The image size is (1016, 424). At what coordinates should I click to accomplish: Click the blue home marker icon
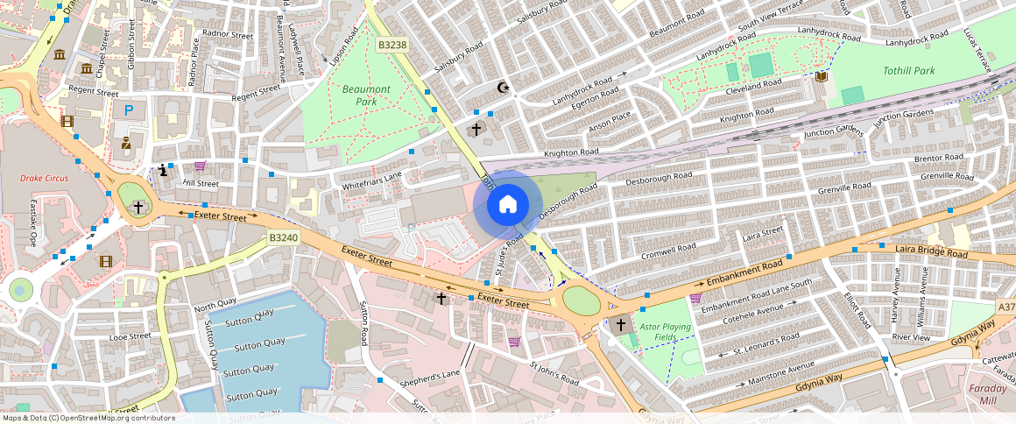(507, 205)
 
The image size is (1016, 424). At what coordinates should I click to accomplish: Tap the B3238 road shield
(393, 45)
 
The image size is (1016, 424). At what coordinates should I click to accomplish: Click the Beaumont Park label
(366, 95)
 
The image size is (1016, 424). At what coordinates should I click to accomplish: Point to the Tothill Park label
(908, 71)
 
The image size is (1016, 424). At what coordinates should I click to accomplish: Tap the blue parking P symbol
(129, 110)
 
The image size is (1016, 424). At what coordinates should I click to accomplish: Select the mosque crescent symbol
(503, 88)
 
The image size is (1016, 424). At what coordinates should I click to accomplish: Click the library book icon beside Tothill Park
(821, 77)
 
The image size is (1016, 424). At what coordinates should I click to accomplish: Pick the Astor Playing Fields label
(665, 332)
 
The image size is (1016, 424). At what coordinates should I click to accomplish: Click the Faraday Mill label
(988, 394)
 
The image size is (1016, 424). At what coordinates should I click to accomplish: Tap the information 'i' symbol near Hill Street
(163, 170)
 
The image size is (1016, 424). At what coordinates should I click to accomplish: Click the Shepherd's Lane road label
(429, 378)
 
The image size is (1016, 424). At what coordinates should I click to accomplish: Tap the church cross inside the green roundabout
(138, 208)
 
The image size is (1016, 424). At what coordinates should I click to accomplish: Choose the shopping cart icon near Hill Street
(200, 166)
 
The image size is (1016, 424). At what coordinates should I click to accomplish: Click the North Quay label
(215, 307)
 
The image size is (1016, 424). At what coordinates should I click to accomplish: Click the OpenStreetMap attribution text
(88, 418)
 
